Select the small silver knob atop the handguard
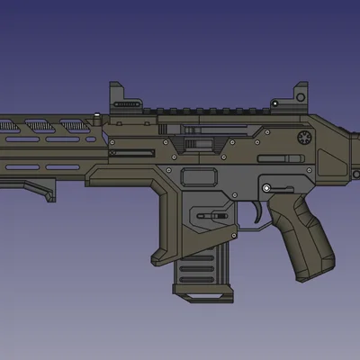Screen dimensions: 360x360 pos(96,115)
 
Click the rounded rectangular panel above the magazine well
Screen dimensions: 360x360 pos(200,176)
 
